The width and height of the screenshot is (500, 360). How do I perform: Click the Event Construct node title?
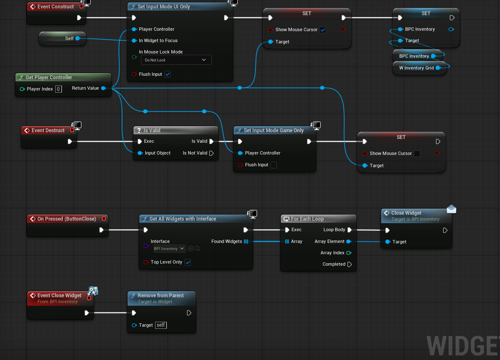[56, 6]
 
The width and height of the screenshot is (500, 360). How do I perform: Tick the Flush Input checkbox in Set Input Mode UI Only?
[167, 74]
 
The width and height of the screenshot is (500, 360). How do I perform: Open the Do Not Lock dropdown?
[176, 60]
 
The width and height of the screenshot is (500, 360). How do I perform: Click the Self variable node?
[62, 38]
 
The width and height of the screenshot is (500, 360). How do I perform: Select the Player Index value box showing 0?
[59, 89]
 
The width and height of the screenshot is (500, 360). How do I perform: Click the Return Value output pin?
[103, 88]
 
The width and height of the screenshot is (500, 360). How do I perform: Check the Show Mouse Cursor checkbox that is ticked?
[323, 29]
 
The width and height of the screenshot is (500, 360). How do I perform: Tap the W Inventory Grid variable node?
[420, 68]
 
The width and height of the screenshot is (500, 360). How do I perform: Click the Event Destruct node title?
[48, 131]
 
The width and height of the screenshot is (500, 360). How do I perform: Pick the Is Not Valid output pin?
[211, 153]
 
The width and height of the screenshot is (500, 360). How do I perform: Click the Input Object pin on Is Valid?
[140, 153]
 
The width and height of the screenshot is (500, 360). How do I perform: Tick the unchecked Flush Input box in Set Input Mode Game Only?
[274, 165]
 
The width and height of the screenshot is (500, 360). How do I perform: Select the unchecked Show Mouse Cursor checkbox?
[417, 153]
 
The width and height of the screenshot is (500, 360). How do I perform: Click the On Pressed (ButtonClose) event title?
[67, 219]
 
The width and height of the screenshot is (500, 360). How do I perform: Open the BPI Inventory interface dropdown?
[169, 249]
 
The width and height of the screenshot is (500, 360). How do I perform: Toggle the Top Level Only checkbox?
[188, 262]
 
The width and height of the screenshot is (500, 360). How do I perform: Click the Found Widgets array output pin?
[246, 241]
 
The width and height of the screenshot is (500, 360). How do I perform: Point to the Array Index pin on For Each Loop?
[349, 253]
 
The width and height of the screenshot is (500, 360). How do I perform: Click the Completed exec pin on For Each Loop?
[350, 264]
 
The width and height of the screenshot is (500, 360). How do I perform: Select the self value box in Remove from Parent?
[161, 325]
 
